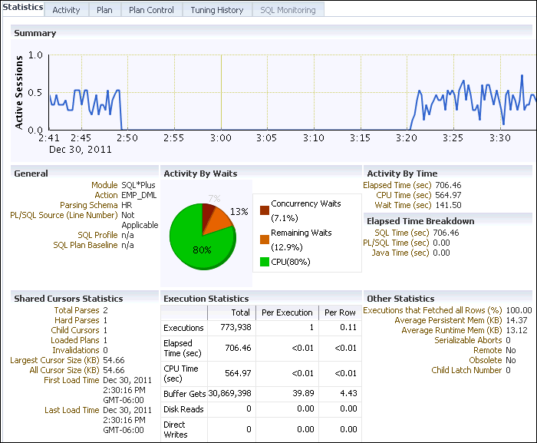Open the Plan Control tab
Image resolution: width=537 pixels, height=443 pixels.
[x=151, y=10]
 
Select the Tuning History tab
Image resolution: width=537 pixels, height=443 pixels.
[x=217, y=10]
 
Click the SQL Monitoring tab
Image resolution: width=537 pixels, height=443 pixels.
[x=288, y=10]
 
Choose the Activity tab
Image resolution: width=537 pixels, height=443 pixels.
[x=66, y=10]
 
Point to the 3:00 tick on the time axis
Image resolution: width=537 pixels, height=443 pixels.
[x=221, y=138]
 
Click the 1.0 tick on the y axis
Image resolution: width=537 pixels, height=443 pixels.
[x=35, y=55]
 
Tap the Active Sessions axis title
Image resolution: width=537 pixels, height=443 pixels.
[x=19, y=92]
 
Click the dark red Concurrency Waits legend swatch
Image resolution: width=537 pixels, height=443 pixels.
[x=264, y=210]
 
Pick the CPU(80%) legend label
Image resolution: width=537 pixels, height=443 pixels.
[x=291, y=262]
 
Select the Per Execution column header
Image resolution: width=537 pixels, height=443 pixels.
[x=287, y=312]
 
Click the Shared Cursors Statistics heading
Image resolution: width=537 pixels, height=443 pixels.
[x=68, y=299]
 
